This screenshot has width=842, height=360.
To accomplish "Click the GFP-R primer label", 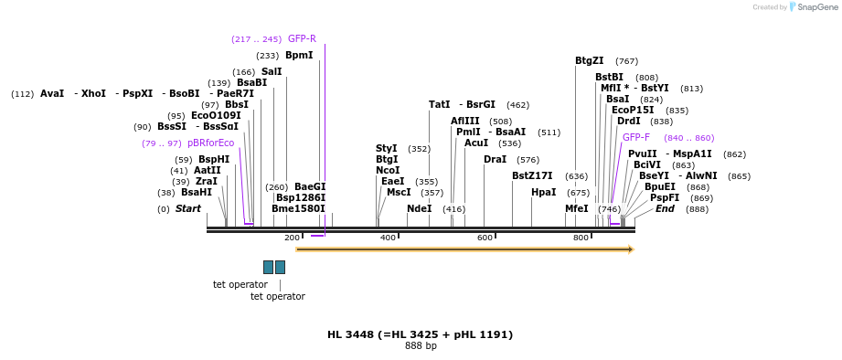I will (x=302, y=39).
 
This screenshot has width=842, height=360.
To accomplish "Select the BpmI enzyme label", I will (x=299, y=56).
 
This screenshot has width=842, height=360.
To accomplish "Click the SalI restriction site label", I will (x=272, y=72).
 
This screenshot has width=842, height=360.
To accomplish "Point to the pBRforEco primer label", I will (x=210, y=143).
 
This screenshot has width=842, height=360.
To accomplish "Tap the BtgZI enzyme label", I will (x=589, y=61).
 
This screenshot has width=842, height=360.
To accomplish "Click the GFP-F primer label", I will (x=636, y=138).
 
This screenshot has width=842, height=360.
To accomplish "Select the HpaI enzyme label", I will (x=543, y=193).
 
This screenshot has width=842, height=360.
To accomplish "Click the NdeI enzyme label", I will (x=419, y=209).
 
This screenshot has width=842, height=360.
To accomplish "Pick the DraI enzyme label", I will (x=495, y=160).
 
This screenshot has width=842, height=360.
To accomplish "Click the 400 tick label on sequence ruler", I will (x=388, y=238).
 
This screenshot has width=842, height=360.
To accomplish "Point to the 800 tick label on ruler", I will (x=581, y=238).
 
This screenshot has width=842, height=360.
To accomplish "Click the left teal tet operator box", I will (x=268, y=267).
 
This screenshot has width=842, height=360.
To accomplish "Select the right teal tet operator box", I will (x=280, y=267).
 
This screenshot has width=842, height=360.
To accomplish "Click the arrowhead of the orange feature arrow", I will (x=631, y=249).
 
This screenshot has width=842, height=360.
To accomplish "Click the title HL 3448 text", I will (x=420, y=335).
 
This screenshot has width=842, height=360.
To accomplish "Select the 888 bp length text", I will (x=421, y=346).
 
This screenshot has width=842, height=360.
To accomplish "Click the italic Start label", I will (x=187, y=209).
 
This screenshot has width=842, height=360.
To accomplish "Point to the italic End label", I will (x=665, y=209).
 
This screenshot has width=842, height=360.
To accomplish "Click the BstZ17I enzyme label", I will (x=532, y=176).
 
